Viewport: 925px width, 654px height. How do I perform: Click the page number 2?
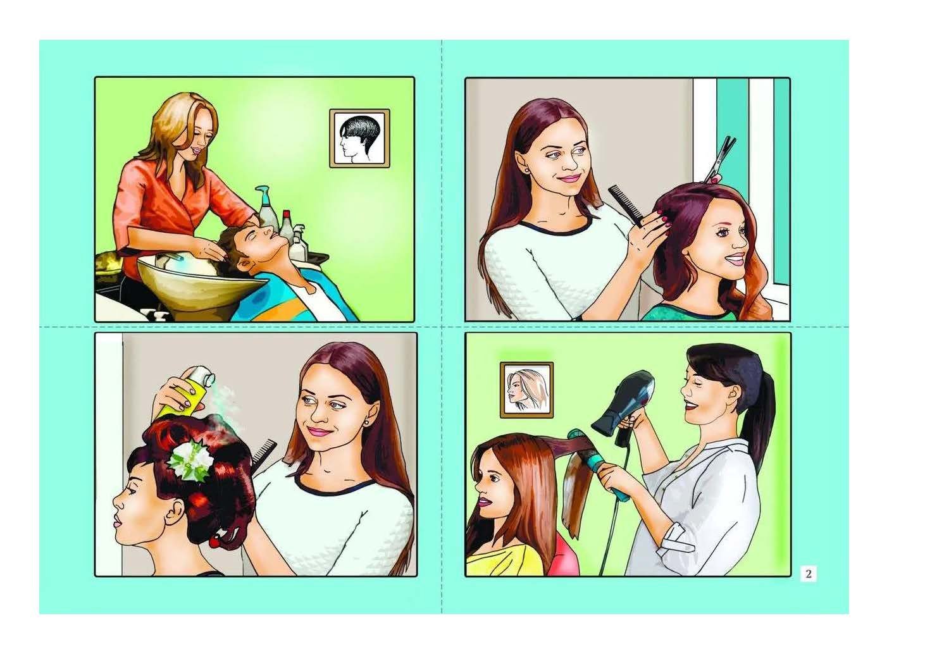click(808, 574)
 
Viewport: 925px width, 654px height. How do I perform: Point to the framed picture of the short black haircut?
click(359, 139)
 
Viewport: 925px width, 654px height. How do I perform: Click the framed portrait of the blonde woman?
click(526, 390)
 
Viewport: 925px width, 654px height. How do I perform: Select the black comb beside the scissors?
click(626, 205)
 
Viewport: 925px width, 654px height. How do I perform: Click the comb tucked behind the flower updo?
click(264, 453)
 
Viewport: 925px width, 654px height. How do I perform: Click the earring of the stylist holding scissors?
click(528, 170)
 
